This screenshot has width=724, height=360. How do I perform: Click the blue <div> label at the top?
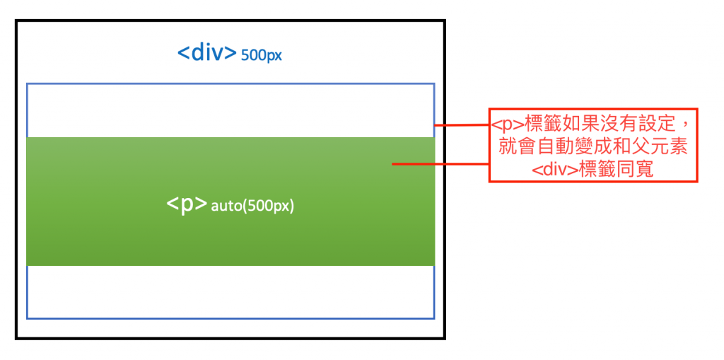click(206, 53)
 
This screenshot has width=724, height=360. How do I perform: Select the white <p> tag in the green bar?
click(187, 204)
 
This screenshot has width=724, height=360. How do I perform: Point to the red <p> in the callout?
click(508, 125)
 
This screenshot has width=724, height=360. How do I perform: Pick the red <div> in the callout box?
click(554, 170)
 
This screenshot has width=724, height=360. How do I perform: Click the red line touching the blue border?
click(461, 126)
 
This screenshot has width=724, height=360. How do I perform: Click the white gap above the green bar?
click(230, 110)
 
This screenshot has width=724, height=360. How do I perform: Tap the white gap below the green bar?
click(230, 291)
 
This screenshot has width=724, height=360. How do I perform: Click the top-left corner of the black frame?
click(17, 22)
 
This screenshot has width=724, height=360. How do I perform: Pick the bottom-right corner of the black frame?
click(444, 337)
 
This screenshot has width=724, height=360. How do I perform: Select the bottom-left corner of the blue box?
click(28, 318)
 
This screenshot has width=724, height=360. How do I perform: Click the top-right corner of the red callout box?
click(697, 110)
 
